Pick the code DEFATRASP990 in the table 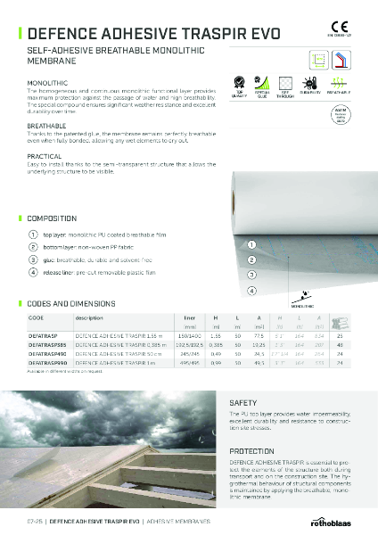(51, 364)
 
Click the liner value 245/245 (190, 354)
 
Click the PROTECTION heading (251, 451)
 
